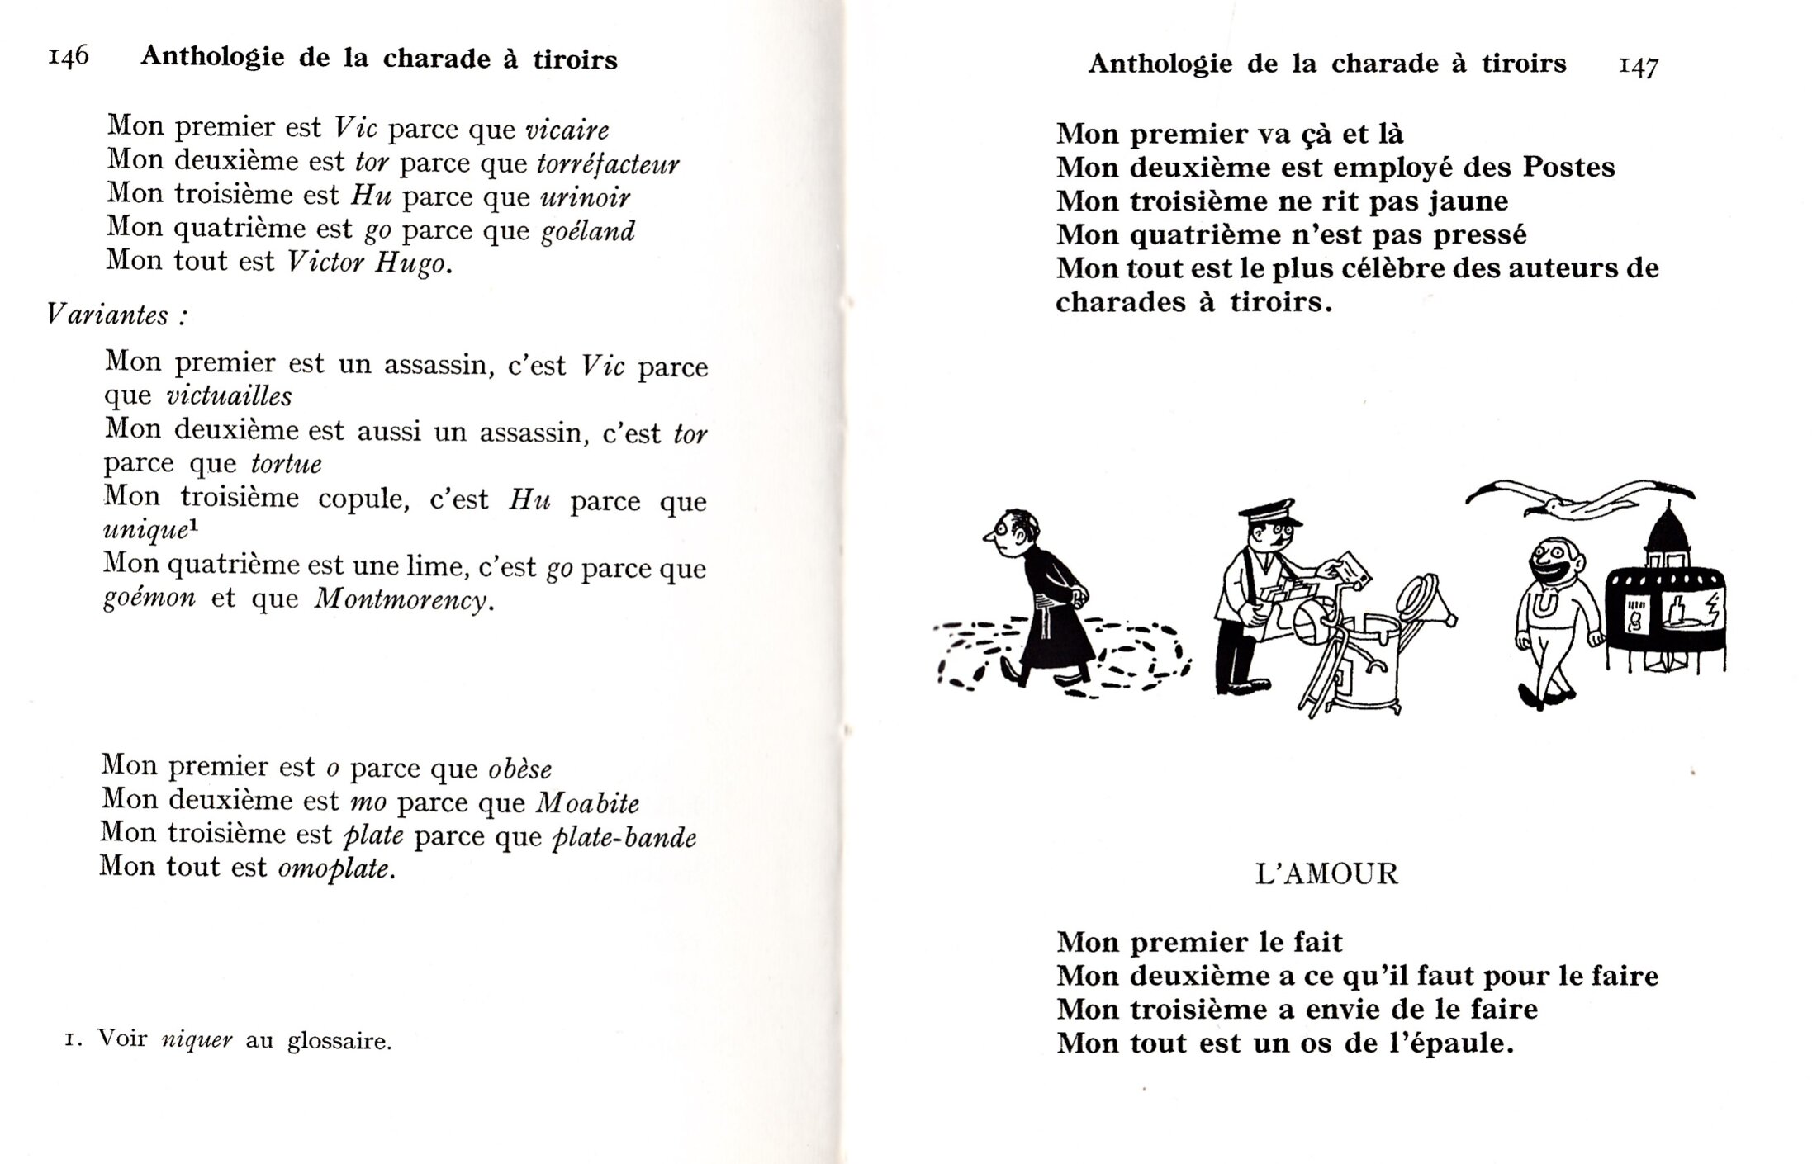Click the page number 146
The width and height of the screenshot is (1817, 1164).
(69, 57)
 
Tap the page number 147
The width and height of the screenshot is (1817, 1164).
(1639, 66)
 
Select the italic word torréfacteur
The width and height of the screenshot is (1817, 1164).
(608, 163)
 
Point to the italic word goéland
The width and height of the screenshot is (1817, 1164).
(588, 231)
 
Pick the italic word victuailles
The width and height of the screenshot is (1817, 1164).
(229, 396)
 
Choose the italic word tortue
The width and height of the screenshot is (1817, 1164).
(286, 464)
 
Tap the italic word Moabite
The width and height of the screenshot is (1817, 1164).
(587, 802)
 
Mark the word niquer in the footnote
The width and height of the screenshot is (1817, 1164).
(197, 1041)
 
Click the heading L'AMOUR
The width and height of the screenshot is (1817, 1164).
(1326, 873)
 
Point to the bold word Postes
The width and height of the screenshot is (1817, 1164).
(1568, 168)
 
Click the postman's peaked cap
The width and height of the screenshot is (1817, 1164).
(1272, 512)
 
